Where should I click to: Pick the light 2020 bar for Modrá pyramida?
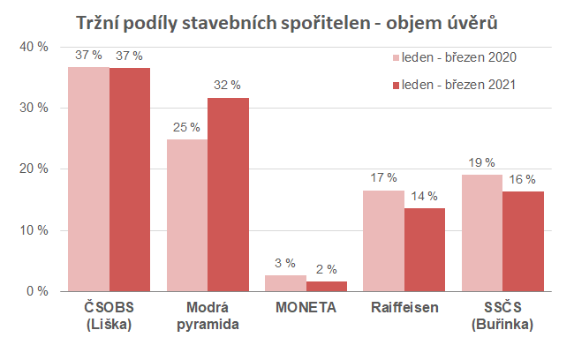tap(187, 215)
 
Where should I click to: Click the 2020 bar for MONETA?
tap(286, 282)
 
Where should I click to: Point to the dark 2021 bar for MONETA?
tap(327, 286)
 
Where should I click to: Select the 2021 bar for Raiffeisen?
tap(424, 250)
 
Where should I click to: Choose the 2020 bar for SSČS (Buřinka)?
tap(482, 233)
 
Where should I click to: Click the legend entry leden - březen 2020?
tap(453, 58)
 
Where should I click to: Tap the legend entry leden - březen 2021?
tap(453, 86)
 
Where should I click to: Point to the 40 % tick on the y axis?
tap(34, 46)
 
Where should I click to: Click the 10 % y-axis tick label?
tap(34, 230)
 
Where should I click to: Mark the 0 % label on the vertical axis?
tap(37, 291)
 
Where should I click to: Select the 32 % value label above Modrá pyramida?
tap(227, 86)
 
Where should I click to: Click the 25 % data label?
tap(186, 127)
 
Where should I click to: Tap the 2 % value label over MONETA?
tap(327, 269)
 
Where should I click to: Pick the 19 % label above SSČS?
tap(482, 162)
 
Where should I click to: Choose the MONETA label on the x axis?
tap(306, 309)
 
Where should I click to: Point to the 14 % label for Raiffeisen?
tap(424, 196)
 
